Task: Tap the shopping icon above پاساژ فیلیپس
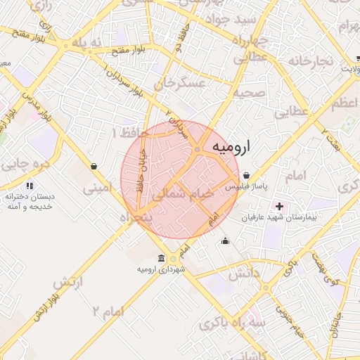246,175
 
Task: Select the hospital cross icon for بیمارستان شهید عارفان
281,206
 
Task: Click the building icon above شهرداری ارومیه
162,257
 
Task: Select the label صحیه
249,93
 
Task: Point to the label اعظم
344,103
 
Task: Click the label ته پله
87,43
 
